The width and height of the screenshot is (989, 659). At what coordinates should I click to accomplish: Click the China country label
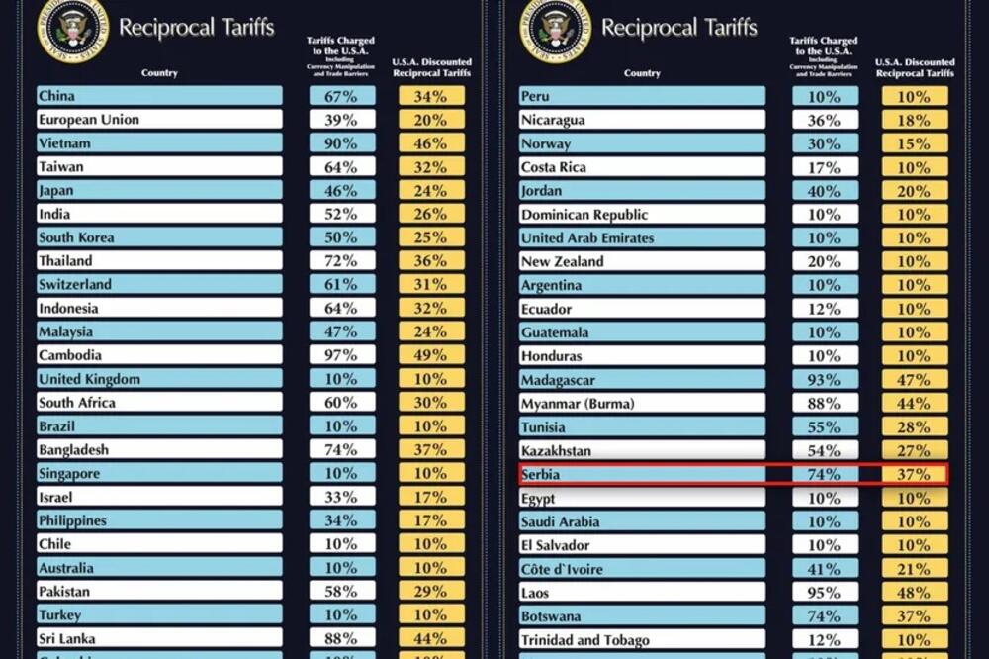pyautogui.click(x=56, y=96)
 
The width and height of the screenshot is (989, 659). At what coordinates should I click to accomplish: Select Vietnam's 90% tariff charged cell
pyautogui.click(x=342, y=143)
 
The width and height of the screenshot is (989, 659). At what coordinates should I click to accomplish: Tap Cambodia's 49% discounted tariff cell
pyautogui.click(x=431, y=355)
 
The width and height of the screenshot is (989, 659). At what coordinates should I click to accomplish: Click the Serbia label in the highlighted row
pyautogui.click(x=540, y=475)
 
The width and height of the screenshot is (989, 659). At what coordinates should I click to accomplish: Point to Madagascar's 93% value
pyautogui.click(x=825, y=380)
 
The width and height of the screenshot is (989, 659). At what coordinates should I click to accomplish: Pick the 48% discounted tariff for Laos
pyautogui.click(x=915, y=593)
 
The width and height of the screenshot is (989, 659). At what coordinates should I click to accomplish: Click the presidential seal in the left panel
pyautogui.click(x=71, y=28)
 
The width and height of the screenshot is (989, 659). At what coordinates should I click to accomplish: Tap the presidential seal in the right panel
pyautogui.click(x=554, y=28)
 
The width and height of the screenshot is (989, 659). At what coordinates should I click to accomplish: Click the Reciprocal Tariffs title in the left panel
pyautogui.click(x=196, y=27)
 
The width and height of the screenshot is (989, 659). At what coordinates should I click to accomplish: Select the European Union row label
pyautogui.click(x=89, y=120)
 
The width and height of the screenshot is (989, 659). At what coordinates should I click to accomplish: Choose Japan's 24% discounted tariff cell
pyautogui.click(x=431, y=191)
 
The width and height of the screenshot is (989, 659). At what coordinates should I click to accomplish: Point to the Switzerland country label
pyautogui.click(x=75, y=284)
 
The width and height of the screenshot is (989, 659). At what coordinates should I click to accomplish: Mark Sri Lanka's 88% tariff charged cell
pyautogui.click(x=342, y=639)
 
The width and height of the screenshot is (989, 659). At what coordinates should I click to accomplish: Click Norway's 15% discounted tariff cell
pyautogui.click(x=915, y=143)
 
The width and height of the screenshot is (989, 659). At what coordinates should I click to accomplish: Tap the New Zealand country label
pyautogui.click(x=562, y=261)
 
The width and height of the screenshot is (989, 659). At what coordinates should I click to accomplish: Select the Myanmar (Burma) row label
pyautogui.click(x=578, y=404)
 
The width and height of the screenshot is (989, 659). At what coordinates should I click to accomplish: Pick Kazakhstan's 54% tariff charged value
pyautogui.click(x=825, y=451)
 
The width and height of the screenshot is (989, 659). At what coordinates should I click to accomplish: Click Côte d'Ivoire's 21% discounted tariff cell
pyautogui.click(x=915, y=569)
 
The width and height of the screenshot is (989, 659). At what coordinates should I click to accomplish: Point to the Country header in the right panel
pyautogui.click(x=642, y=73)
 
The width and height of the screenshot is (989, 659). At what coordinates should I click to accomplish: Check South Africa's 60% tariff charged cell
pyautogui.click(x=342, y=403)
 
